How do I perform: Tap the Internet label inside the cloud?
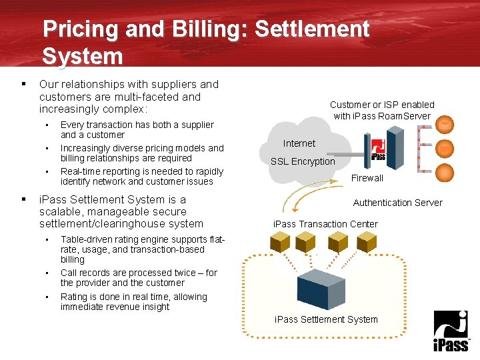299,143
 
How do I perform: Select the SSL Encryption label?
303,161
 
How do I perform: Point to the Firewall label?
367,178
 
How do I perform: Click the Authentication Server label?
397,203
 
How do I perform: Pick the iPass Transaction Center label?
325,224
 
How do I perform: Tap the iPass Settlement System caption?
326,319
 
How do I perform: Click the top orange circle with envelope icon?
445,124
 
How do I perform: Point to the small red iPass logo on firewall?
378,148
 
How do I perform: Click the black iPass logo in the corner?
451,331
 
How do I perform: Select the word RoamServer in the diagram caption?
407,116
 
